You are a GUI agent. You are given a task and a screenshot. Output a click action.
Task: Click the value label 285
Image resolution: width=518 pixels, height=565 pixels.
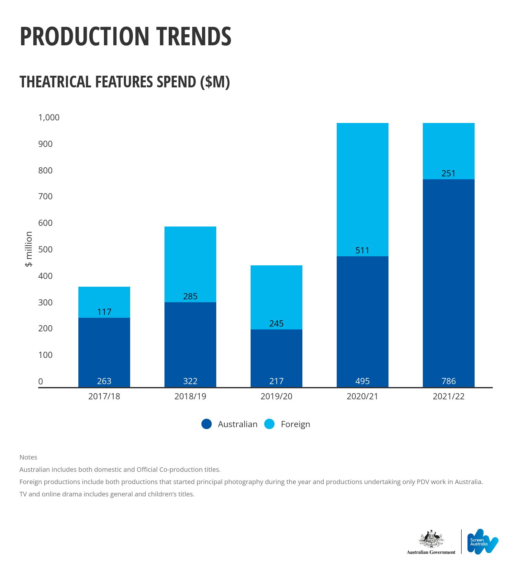[190, 296]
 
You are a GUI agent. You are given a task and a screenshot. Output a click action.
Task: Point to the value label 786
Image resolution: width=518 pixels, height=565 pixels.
[448, 381]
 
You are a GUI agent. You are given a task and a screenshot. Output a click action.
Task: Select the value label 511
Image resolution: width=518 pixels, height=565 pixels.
[362, 250]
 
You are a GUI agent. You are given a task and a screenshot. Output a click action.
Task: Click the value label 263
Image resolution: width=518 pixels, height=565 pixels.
[104, 381]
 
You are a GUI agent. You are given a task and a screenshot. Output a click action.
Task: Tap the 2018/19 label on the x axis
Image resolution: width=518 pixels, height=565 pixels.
[190, 396]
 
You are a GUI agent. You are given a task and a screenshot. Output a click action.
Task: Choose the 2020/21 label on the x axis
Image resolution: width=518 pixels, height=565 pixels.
[362, 396]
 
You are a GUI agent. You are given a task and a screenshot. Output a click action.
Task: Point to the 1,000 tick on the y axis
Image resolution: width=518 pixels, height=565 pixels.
[49, 117]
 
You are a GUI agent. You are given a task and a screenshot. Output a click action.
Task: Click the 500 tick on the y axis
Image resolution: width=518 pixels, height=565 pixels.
[45, 249]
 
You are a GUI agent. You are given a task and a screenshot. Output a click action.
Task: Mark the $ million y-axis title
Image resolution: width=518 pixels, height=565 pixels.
[29, 249]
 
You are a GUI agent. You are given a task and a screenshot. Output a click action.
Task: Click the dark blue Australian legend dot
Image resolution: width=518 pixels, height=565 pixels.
[207, 424]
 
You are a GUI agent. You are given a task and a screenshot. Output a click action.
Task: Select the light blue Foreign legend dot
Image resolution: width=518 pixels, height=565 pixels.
[269, 424]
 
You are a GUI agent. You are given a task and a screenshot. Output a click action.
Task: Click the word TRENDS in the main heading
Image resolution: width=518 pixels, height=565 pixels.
[194, 36]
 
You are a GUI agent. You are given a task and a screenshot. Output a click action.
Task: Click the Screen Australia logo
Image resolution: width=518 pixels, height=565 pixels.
[482, 541]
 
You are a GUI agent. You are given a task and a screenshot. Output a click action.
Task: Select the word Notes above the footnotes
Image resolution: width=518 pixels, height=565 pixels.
[28, 457]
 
